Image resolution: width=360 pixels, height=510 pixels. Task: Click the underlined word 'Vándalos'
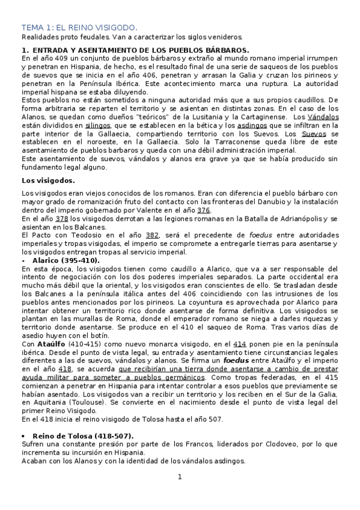[x=323, y=115]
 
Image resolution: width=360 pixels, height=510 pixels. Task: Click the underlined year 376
[x=203, y=211]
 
